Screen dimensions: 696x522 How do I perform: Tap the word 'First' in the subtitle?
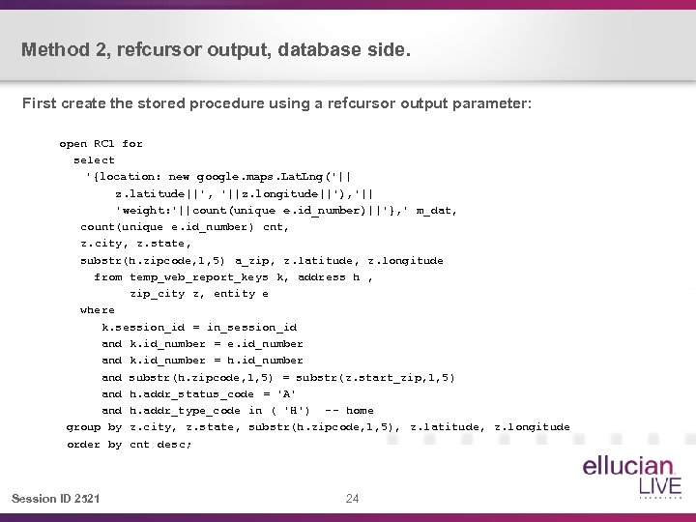point(40,103)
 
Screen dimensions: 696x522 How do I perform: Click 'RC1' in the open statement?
point(101,144)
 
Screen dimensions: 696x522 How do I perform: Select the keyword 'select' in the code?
point(94,160)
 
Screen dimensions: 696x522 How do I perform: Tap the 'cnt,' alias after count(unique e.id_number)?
point(275,227)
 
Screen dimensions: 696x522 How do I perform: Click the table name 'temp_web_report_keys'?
point(199,277)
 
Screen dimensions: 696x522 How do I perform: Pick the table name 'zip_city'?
point(158,294)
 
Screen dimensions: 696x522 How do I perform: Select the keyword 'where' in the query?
point(98,310)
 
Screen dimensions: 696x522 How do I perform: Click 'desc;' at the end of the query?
point(175,445)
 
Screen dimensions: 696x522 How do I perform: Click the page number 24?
point(352,499)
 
